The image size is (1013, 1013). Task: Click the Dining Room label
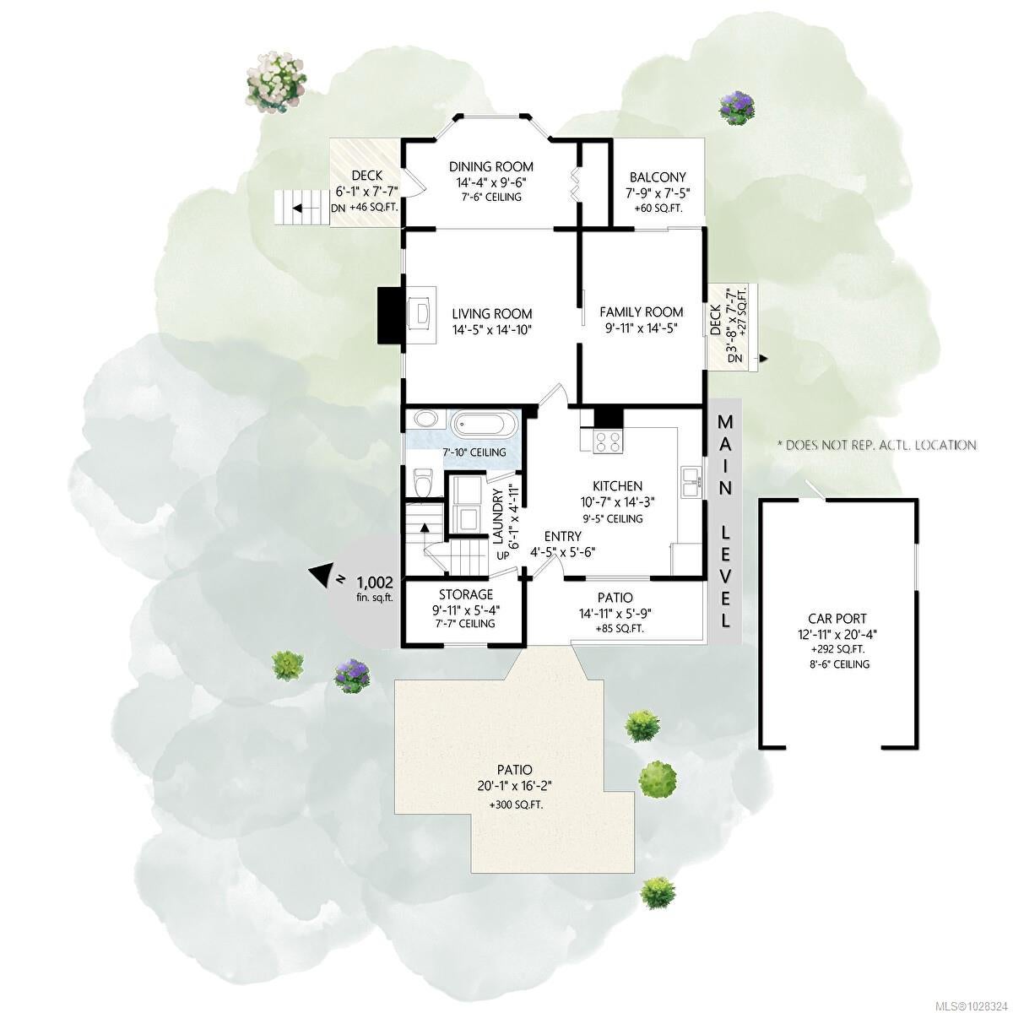pyautogui.click(x=491, y=166)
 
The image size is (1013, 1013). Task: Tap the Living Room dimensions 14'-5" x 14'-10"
pyautogui.click(x=492, y=330)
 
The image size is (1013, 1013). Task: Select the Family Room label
pyautogui.click(x=642, y=311)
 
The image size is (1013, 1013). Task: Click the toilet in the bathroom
pyautogui.click(x=422, y=481)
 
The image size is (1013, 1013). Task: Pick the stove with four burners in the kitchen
pyautogui.click(x=608, y=441)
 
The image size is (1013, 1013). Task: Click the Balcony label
pyautogui.click(x=658, y=177)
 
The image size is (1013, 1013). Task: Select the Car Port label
pyautogui.click(x=838, y=619)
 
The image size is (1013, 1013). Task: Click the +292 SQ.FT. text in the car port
pyautogui.click(x=838, y=650)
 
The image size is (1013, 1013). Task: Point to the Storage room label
pyautogui.click(x=466, y=594)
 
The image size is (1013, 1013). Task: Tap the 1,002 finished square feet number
pyautogui.click(x=375, y=582)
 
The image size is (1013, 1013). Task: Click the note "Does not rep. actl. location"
pyautogui.click(x=876, y=445)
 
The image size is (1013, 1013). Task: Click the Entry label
pyautogui.click(x=562, y=536)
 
